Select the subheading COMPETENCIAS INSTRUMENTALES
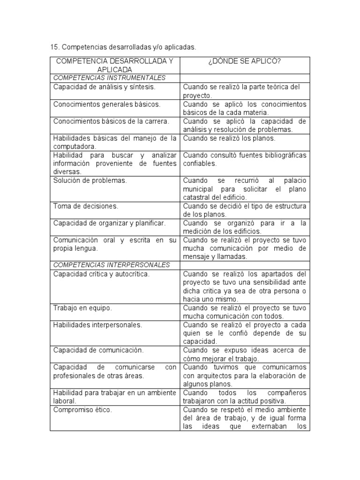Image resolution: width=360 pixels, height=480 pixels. [x=109, y=78]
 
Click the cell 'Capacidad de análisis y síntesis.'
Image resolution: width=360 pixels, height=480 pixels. [x=104, y=87]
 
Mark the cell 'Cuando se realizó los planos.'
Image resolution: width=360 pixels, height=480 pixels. [x=229, y=138]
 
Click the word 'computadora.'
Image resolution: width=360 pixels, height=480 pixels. [x=75, y=147]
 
